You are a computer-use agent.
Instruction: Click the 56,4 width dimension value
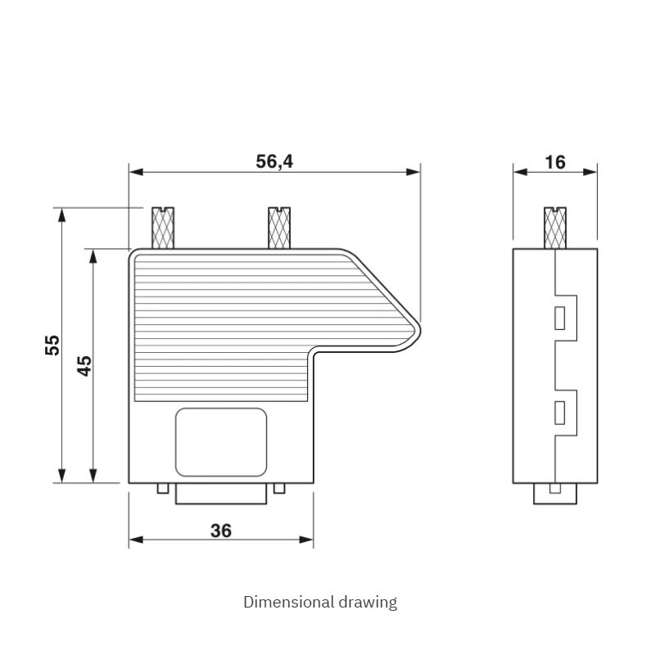click(x=274, y=161)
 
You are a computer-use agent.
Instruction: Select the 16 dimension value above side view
click(x=555, y=162)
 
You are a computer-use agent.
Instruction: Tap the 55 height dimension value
click(x=52, y=345)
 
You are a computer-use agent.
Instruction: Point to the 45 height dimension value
click(x=84, y=365)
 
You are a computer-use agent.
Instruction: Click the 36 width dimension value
click(x=221, y=531)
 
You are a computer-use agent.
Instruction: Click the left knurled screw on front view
click(x=164, y=228)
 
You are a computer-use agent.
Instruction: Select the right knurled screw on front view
click(x=280, y=228)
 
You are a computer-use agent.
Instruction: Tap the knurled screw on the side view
click(x=556, y=228)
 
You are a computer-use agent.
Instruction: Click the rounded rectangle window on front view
click(x=221, y=441)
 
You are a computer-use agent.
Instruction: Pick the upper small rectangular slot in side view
click(x=560, y=318)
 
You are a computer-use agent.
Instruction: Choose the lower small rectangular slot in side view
click(x=560, y=413)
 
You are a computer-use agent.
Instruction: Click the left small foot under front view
click(x=163, y=489)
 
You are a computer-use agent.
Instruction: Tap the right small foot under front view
click(x=280, y=489)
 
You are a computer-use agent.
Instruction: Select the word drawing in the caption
click(x=368, y=603)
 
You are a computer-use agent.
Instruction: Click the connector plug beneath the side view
click(x=556, y=494)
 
